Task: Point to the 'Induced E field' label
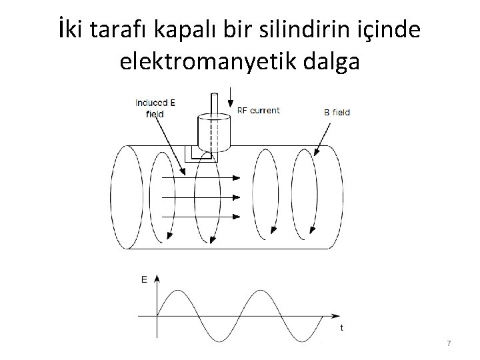tap(155, 108)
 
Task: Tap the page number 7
tap(449, 343)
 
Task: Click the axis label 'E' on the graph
tap(145, 281)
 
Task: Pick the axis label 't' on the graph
tap(342, 327)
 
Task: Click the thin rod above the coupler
tap(215, 105)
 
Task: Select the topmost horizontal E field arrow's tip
tap(237, 178)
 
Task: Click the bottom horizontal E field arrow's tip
tap(237, 216)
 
